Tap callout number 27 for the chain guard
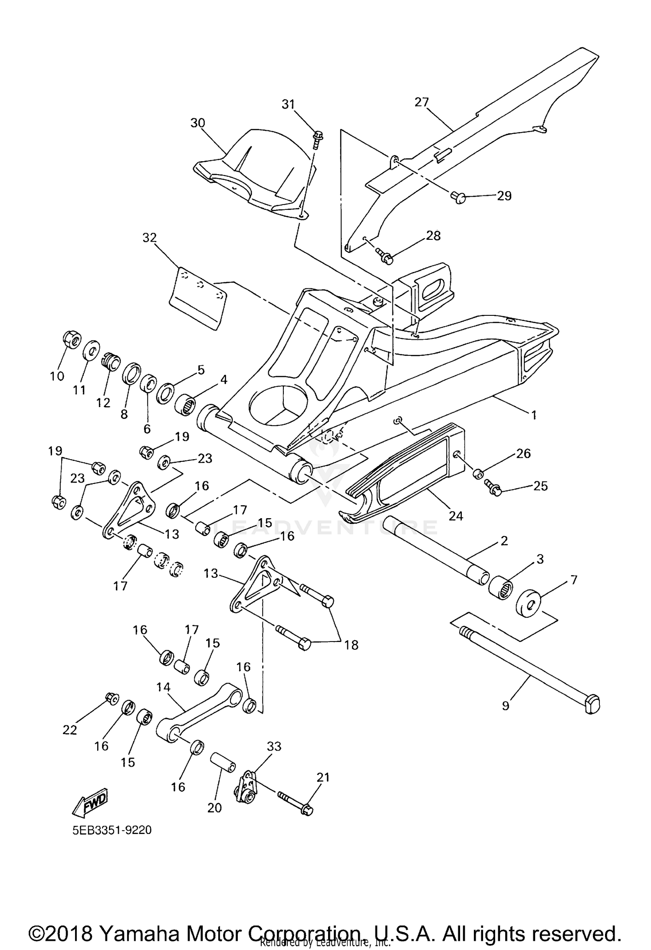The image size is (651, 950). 421,102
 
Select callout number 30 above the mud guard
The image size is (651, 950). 197,123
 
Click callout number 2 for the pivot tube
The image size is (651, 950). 504,541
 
